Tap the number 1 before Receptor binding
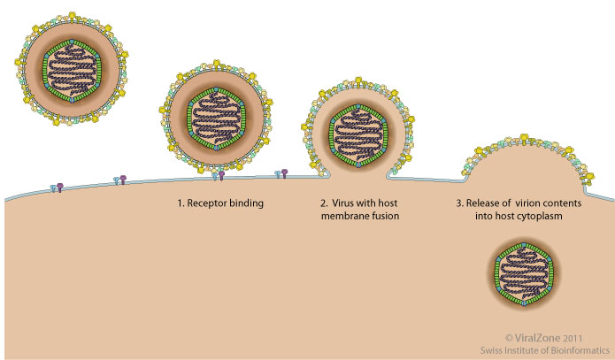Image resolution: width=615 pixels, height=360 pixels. [181, 203]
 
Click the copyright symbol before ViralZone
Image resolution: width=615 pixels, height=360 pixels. [509, 337]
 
